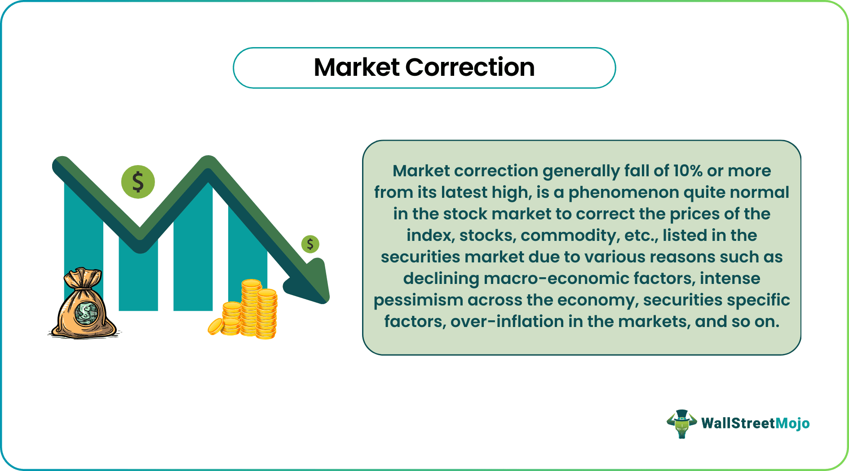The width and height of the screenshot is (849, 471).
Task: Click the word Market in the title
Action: click(356, 68)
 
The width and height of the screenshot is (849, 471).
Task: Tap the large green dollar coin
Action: click(138, 182)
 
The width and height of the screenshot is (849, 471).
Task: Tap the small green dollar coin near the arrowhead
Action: click(310, 244)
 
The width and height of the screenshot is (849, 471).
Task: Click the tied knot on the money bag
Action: click(83, 280)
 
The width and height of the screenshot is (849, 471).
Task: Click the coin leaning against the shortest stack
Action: click(216, 327)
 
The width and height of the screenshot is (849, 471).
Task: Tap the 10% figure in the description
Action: click(688, 171)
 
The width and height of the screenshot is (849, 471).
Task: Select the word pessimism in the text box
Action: click(418, 300)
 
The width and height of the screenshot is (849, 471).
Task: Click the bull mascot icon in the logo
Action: click(681, 423)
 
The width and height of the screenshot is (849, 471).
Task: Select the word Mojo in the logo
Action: click(792, 423)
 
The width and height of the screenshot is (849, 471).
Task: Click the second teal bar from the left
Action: click(138, 278)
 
